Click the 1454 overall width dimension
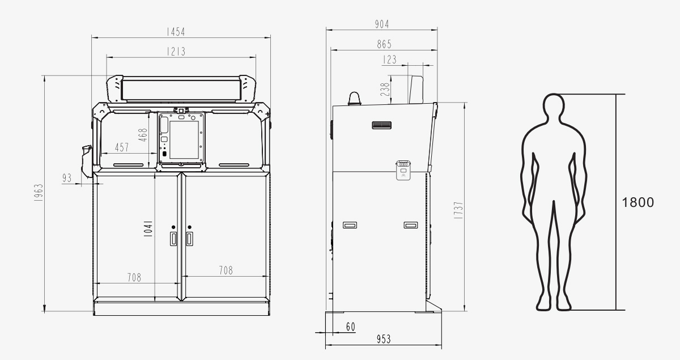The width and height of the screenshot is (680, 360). (x=176, y=32)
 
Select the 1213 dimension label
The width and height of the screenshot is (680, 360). (x=176, y=52)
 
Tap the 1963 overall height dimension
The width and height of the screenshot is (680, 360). (x=39, y=193)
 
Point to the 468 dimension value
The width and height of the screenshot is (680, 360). (x=143, y=135)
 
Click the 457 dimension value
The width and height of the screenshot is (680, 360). (x=122, y=147)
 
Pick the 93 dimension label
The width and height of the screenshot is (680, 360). (x=67, y=177)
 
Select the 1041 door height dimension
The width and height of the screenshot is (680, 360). (x=148, y=229)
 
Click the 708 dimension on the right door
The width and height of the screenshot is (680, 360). (x=226, y=270)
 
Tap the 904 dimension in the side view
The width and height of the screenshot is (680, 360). (x=381, y=24)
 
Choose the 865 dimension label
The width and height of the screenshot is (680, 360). (x=384, y=44)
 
